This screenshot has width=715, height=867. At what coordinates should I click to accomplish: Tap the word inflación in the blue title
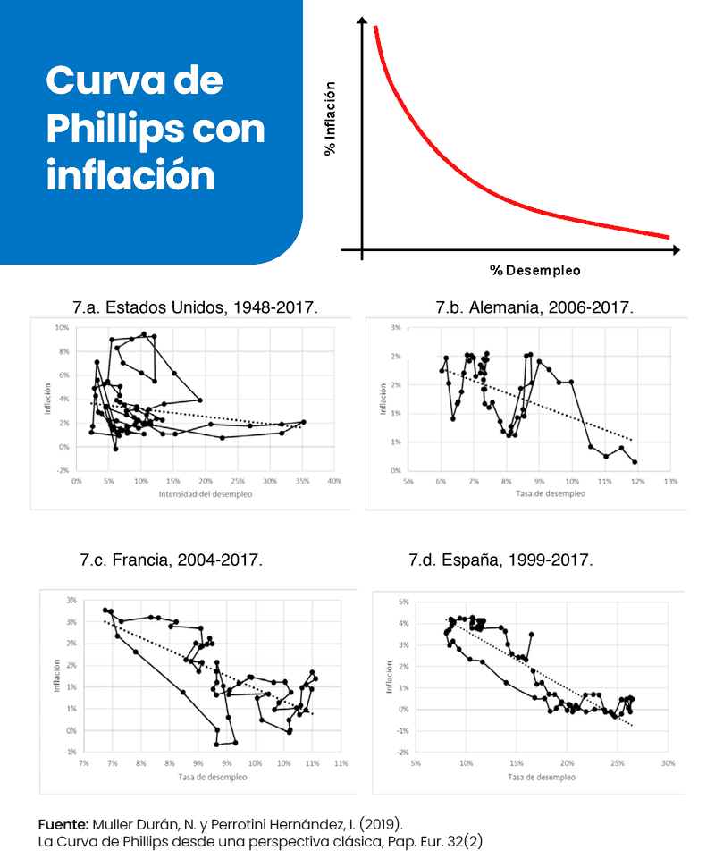pos(130,174)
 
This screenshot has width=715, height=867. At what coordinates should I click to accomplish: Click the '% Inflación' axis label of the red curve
pos(330,119)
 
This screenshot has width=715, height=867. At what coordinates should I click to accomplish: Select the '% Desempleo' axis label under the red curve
pos(534,269)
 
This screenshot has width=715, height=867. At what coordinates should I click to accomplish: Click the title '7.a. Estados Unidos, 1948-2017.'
pos(195,307)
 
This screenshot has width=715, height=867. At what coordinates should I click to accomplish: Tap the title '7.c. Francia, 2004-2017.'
pos(171,560)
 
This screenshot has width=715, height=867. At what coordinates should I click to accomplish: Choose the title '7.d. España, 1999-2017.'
pos(500,560)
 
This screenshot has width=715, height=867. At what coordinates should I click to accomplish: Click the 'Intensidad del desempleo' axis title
pos(201,494)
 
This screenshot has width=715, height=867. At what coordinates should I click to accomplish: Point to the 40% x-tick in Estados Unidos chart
pos(335,481)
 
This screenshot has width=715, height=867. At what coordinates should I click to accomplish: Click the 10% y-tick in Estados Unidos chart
pos(63,328)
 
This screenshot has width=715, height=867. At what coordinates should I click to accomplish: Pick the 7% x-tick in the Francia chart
pos(83,763)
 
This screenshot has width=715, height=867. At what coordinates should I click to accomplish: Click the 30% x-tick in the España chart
pos(667,763)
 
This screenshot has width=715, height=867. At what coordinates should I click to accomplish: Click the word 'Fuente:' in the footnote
pos(63,822)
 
